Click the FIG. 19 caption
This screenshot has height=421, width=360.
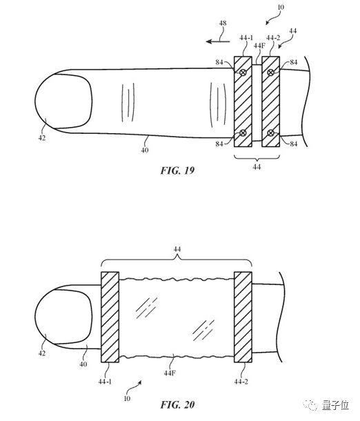tap(177, 170)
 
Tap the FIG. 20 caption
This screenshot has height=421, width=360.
tap(177, 404)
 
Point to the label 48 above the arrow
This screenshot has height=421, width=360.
tap(223, 23)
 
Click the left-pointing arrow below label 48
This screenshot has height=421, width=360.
tap(217, 41)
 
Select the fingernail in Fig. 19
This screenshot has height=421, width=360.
tap(64, 101)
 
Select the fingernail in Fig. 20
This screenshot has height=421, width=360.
tap(64, 316)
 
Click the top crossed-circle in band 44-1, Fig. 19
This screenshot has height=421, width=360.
tap(243, 72)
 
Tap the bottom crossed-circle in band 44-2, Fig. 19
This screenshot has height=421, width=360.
tap(270, 133)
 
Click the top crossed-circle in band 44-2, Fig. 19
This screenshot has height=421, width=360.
tap(270, 72)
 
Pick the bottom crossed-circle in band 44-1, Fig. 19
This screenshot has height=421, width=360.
tap(243, 133)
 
